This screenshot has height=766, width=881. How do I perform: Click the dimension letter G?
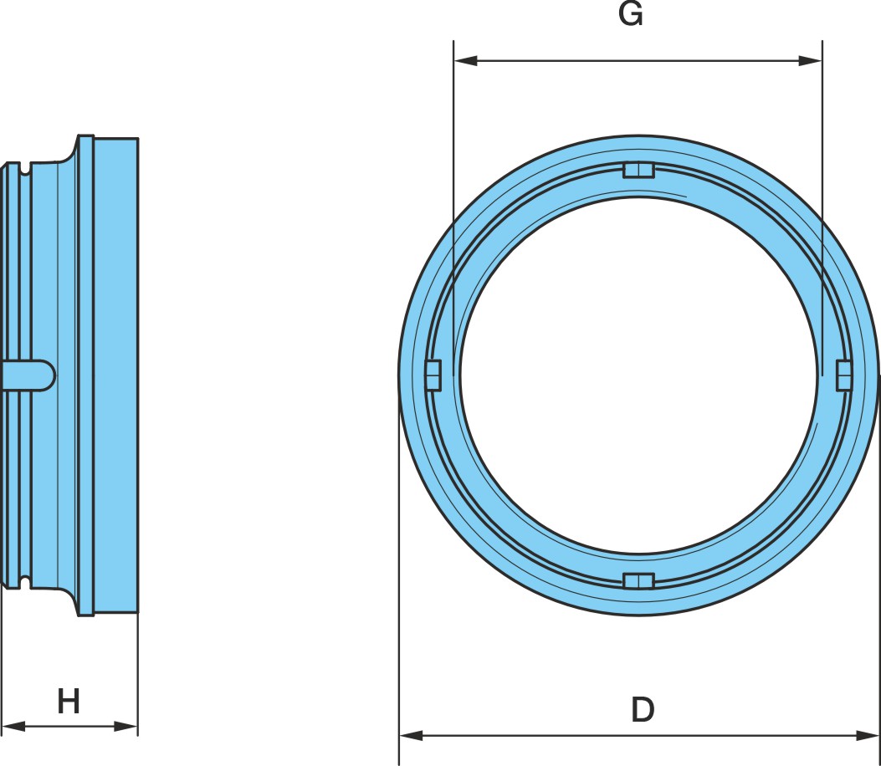click(x=630, y=14)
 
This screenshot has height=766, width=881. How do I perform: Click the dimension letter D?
click(x=643, y=709)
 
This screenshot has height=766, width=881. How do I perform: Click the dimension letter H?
click(x=69, y=701)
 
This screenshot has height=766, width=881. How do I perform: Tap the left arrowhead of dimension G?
click(x=465, y=60)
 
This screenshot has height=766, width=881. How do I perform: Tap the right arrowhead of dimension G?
click(x=810, y=60)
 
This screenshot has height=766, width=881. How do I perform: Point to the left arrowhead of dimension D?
click(x=411, y=735)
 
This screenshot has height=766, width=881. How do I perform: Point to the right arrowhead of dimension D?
click(x=867, y=735)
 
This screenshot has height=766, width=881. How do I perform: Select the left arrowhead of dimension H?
click(x=13, y=726)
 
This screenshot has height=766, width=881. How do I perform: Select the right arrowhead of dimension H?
click(x=125, y=726)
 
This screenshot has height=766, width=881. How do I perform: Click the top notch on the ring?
click(x=639, y=171)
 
